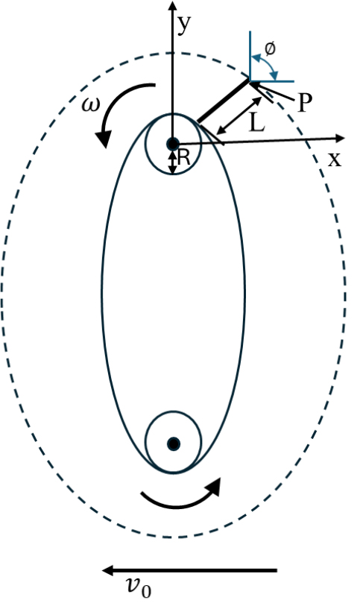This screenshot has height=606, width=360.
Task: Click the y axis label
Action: [184, 25]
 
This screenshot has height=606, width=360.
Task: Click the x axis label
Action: [335, 160]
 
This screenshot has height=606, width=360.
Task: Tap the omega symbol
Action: [90, 104]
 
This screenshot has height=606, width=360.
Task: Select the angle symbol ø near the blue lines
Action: [270, 48]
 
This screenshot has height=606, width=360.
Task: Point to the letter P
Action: [305, 103]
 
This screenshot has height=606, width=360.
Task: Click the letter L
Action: [257, 124]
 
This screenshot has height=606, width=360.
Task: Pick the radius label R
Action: [184, 158]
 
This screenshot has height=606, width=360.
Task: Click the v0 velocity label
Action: [139, 587]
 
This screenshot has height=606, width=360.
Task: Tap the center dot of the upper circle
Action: [173, 144]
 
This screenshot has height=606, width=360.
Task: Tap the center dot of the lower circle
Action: [174, 444]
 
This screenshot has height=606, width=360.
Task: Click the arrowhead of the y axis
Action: [173, 5]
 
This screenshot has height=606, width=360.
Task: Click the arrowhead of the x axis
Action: [340, 139]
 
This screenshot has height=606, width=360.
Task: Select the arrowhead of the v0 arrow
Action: [107, 570]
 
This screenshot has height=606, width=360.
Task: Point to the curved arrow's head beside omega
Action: [104, 139]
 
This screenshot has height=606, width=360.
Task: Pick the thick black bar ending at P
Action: [224, 101]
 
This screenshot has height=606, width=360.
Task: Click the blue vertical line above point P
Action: [250, 56]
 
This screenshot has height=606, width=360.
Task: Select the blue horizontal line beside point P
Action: [272, 81]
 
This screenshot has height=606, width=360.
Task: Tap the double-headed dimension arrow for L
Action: [239, 116]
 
